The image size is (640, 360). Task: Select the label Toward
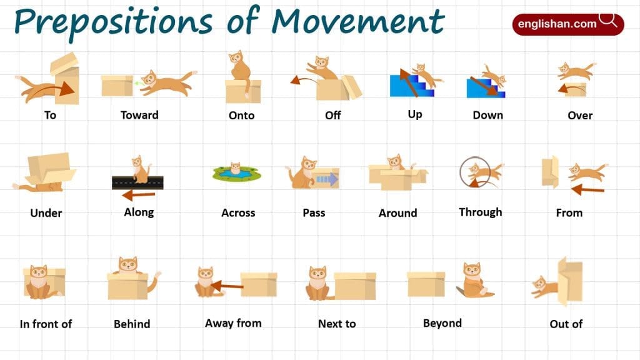coord(139,115)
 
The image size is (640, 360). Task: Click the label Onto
coord(241,116)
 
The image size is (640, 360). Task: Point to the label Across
coord(238,213)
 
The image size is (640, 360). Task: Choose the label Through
coord(480,212)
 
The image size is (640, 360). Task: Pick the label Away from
coord(233,323)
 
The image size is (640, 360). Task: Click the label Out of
coord(566,324)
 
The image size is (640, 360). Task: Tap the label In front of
coord(46,324)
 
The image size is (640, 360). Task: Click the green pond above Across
coord(236,173)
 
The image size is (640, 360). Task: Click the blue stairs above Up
coord(403,86)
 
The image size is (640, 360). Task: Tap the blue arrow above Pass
coord(326,180)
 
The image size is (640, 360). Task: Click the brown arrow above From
coord(587,188)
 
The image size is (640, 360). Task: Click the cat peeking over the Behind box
coord(127,266)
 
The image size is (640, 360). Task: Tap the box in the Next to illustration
coord(354,285)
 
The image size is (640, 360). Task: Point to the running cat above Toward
coord(165,82)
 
